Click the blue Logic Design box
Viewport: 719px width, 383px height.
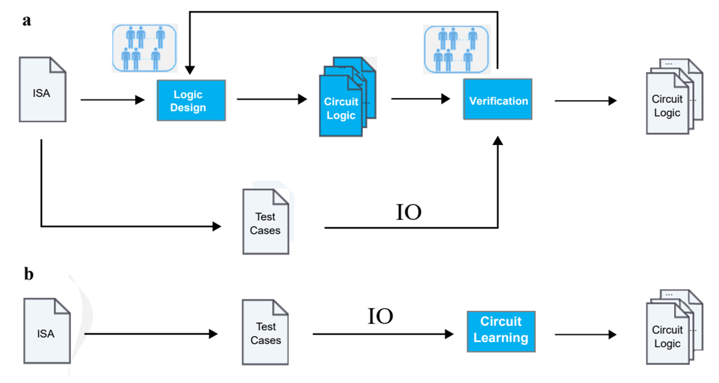(191, 101)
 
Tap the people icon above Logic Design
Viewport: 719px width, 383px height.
(145, 49)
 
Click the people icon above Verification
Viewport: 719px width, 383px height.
(457, 49)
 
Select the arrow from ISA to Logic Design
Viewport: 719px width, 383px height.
(113, 100)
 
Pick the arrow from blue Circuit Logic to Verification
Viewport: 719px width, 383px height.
(421, 99)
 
